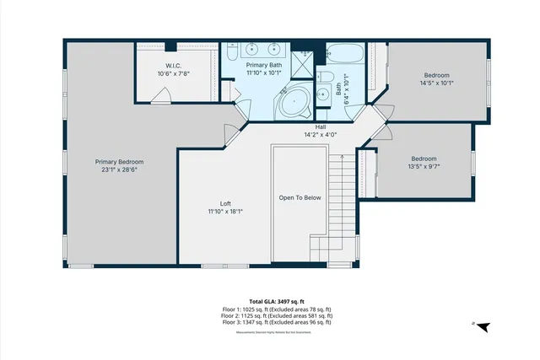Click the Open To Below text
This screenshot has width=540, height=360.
coord(300,197)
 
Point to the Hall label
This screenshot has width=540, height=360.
coord(321,126)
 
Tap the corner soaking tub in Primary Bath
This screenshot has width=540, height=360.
coord(294,103)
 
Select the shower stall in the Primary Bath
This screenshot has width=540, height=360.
coord(303,62)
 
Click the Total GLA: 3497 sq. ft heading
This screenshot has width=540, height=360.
coord(277,302)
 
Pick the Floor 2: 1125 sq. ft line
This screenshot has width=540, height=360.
coord(277,315)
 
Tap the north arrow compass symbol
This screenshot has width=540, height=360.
coord(483,325)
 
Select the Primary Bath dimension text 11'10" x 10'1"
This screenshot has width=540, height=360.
coord(264,73)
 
